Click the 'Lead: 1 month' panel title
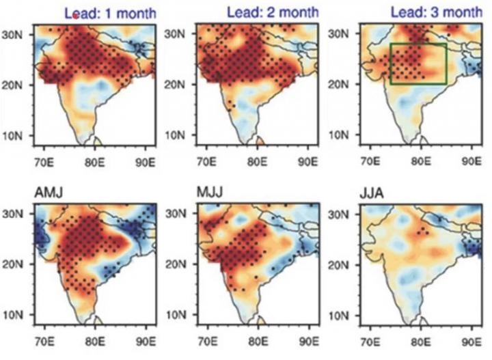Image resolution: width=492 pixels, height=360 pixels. [111, 12]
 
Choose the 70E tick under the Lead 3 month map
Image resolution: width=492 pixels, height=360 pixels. [370, 164]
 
